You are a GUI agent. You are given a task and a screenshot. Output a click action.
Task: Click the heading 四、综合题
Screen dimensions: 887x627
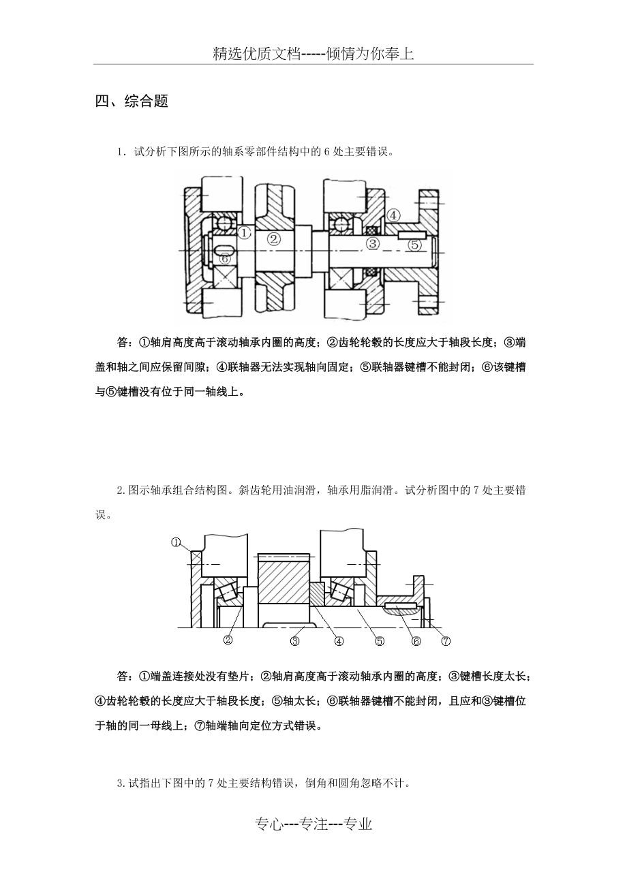click(x=132, y=102)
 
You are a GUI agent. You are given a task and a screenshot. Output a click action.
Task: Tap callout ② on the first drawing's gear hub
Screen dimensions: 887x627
click(x=273, y=238)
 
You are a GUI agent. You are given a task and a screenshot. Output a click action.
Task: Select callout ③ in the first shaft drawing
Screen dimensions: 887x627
click(x=372, y=243)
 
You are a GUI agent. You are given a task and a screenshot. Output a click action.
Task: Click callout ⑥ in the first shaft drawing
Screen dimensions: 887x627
click(x=225, y=259)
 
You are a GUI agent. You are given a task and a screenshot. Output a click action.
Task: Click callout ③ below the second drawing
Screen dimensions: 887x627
click(x=295, y=640)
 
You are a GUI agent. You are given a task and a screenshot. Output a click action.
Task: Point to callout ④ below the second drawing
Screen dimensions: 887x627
click(x=338, y=640)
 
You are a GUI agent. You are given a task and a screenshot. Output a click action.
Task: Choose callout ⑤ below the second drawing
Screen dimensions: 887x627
click(x=380, y=640)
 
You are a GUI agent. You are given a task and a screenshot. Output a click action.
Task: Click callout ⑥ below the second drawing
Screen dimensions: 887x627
click(x=416, y=640)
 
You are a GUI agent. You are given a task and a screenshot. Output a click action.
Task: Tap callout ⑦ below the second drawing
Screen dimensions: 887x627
click(x=446, y=640)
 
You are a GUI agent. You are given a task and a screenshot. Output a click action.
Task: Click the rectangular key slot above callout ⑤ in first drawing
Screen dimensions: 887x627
click(x=408, y=235)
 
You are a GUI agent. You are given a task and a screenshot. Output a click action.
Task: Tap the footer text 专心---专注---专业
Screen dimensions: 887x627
click(x=313, y=825)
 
